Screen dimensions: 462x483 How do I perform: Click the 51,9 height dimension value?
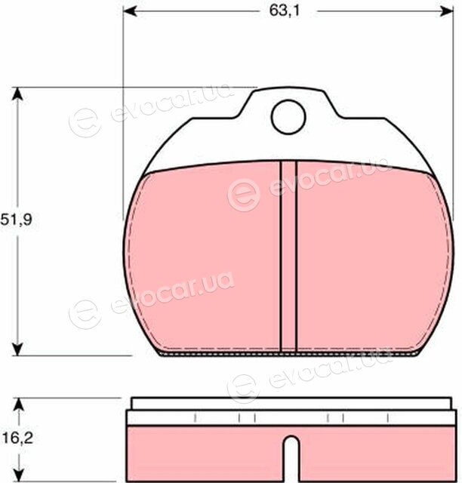(x=17, y=220)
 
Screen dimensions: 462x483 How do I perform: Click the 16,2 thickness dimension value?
(x=17, y=438)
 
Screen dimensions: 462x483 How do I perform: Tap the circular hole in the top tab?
(x=288, y=117)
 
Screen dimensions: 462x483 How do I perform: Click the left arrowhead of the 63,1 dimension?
(x=129, y=11)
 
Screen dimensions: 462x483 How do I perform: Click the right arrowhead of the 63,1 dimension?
(x=447, y=11)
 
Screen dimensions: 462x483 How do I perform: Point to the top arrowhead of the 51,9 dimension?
(x=18, y=94)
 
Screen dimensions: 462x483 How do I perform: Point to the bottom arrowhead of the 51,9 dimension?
(x=18, y=349)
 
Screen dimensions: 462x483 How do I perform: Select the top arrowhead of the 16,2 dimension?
(x=19, y=405)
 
